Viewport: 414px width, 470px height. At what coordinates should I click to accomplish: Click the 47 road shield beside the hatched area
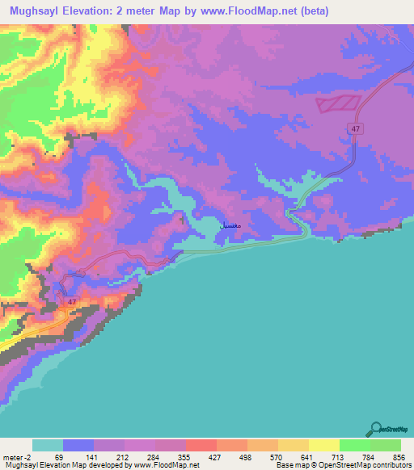[355, 128]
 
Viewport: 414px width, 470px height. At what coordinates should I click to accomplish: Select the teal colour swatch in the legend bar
[48, 445]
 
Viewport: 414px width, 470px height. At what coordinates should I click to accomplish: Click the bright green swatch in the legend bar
[355, 445]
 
